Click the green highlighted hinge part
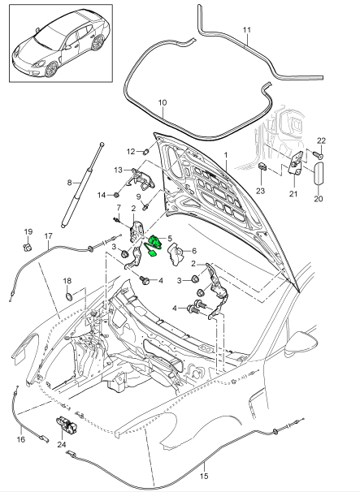(156, 244)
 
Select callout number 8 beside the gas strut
(70, 182)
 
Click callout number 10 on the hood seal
(162, 103)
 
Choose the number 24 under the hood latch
(62, 445)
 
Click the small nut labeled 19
(27, 246)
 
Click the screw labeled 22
(319, 154)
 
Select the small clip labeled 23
(264, 168)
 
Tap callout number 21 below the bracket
(293, 194)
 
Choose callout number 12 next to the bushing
(130, 151)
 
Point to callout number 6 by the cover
(193, 252)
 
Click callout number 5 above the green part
(169, 238)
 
